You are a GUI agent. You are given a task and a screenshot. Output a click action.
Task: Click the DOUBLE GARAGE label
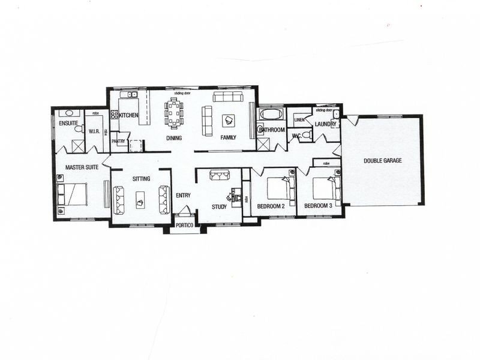(383, 161)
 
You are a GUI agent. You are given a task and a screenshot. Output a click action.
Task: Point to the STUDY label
(219, 207)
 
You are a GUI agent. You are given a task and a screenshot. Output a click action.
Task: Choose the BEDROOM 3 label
(318, 206)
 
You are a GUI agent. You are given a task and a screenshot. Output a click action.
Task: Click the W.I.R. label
(94, 131)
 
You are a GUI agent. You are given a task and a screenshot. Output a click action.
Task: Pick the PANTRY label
(118, 142)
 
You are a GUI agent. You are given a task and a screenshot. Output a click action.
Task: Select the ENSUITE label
(68, 124)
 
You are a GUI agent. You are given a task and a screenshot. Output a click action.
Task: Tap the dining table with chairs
(175, 113)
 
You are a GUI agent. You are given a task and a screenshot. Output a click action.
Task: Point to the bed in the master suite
(73, 194)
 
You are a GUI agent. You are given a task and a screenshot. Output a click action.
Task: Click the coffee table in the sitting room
(140, 199)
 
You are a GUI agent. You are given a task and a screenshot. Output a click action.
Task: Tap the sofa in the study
(219, 175)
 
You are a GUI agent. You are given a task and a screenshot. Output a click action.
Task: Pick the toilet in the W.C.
(305, 135)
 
